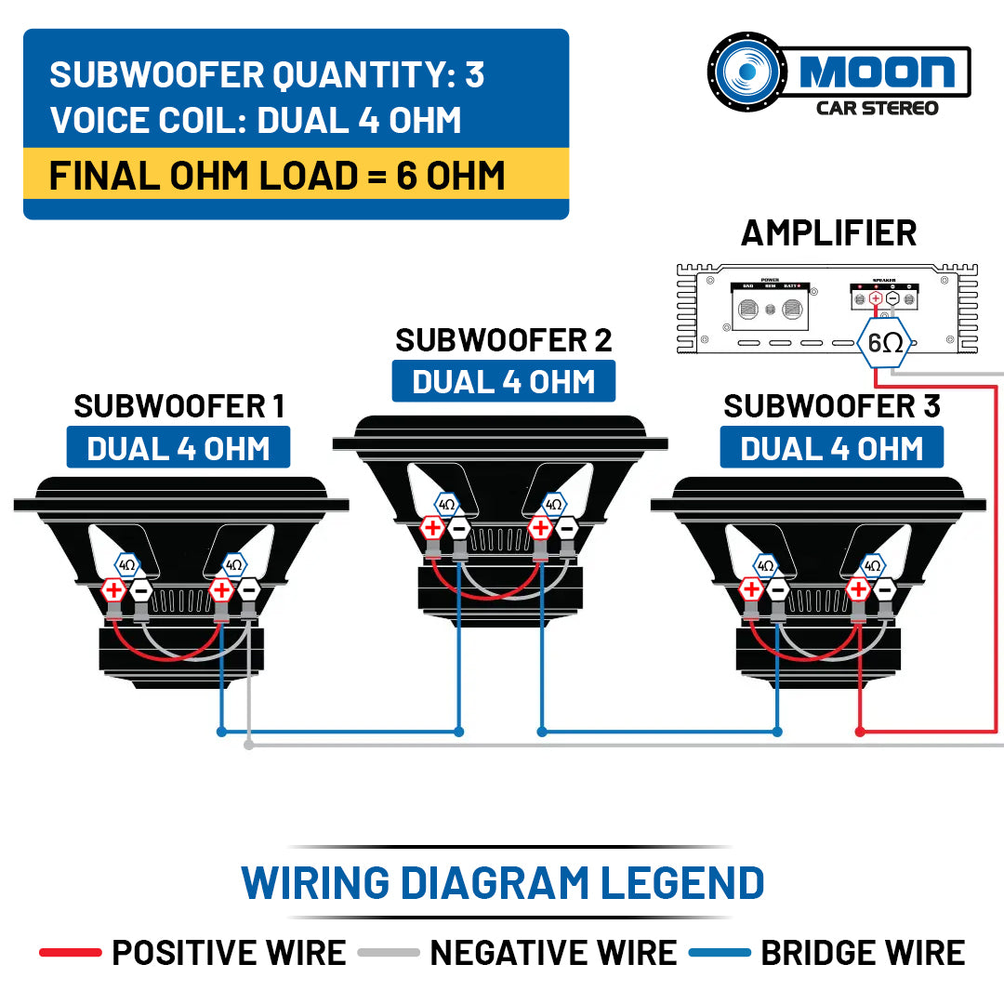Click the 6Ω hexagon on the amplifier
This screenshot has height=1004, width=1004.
[884, 342]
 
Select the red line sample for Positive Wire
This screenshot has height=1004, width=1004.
[70, 953]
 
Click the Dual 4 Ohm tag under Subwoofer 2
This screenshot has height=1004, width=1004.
[504, 382]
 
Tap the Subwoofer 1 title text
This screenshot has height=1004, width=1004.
[178, 406]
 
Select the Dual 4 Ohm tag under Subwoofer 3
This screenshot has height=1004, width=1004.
[831, 448]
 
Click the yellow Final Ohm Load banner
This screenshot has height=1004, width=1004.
[296, 175]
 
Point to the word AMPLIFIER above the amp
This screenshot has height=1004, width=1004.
[828, 232]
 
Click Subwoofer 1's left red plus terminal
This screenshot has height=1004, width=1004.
[113, 589]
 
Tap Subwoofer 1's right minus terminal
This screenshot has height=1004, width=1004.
[248, 589]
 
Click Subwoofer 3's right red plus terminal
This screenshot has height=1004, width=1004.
[858, 589]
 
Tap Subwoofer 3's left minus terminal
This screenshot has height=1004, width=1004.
[778, 589]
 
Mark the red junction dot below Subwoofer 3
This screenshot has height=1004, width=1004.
[860, 733]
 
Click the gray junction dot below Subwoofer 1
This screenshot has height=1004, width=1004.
[248, 745]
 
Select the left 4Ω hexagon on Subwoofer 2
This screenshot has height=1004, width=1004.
[447, 505]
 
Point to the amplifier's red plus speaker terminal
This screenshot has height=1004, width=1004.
[875, 298]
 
